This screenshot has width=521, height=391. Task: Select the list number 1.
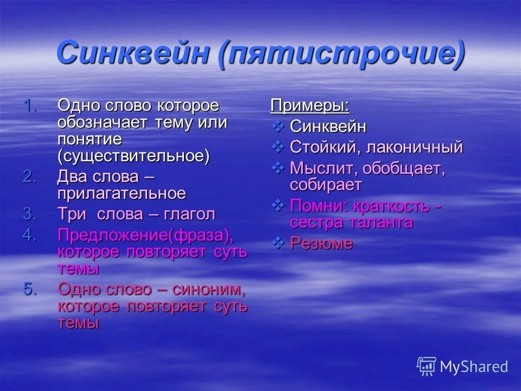(x=30, y=106)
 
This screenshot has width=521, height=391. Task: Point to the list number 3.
(x=30, y=214)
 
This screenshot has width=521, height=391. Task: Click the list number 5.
(x=30, y=289)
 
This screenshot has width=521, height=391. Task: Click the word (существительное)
(x=134, y=156)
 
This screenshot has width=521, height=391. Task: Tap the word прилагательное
(x=122, y=193)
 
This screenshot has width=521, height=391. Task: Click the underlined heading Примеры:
(x=309, y=106)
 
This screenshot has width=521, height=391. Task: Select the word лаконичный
(x=414, y=147)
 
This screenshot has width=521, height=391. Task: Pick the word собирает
(x=326, y=185)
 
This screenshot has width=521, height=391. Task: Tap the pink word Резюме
(x=321, y=243)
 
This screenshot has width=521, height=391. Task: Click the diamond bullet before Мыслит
(x=277, y=168)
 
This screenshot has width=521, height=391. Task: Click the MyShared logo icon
(x=426, y=367)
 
